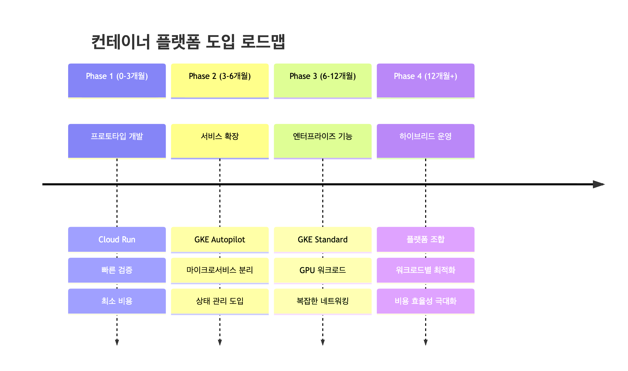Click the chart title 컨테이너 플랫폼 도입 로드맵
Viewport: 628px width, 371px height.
pyautogui.click(x=188, y=42)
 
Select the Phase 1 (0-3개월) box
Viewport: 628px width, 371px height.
pyautogui.click(x=117, y=80)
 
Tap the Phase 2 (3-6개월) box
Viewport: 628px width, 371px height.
pyautogui.click(x=220, y=80)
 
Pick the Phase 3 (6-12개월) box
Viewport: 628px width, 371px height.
pyautogui.click(x=322, y=80)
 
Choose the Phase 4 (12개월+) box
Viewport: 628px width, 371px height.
pyautogui.click(x=425, y=80)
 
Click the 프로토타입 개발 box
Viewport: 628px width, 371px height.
pyautogui.click(x=117, y=141)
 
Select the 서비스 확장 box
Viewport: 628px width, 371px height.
pyautogui.click(x=220, y=141)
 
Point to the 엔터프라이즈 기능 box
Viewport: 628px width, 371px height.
pyautogui.click(x=322, y=141)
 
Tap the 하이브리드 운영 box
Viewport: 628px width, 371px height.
pyautogui.click(x=425, y=141)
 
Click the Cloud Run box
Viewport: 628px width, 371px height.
pyautogui.click(x=117, y=239)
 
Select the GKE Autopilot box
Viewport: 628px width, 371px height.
pyautogui.click(x=220, y=239)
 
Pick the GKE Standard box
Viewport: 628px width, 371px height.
pyautogui.click(x=322, y=239)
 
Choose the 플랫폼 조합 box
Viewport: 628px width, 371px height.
pyautogui.click(x=425, y=239)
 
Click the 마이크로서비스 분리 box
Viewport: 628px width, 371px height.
pyautogui.click(x=220, y=270)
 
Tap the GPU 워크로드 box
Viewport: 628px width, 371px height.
pyautogui.click(x=322, y=270)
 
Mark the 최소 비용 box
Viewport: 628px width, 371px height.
pyautogui.click(x=117, y=301)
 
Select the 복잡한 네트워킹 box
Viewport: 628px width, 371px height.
pyautogui.click(x=322, y=301)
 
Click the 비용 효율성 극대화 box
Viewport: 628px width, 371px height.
pyautogui.click(x=425, y=301)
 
